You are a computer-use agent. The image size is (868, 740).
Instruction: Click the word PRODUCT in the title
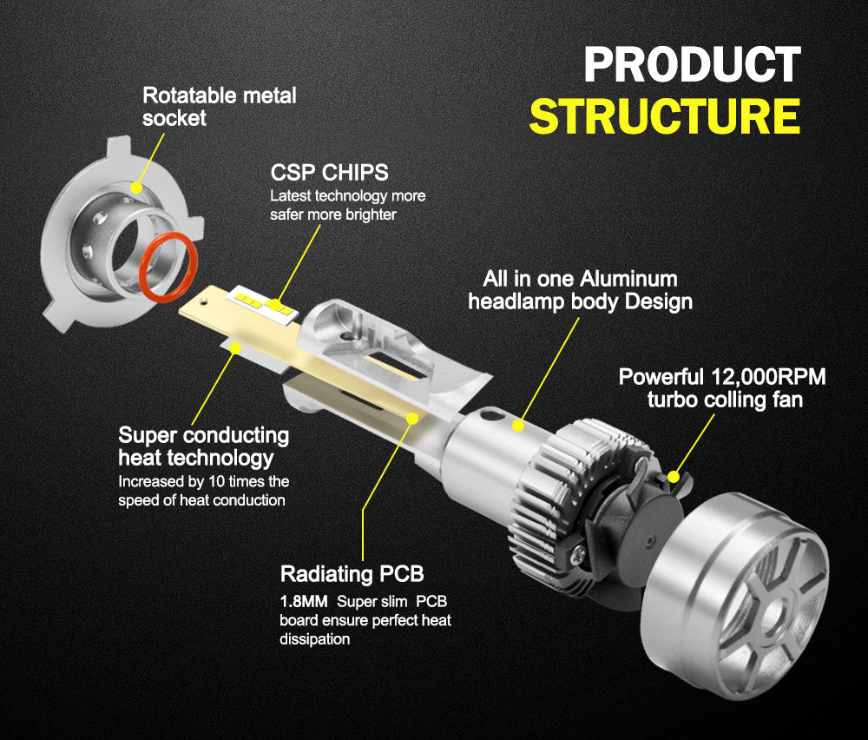point(691,65)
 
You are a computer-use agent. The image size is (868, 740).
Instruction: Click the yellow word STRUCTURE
point(664,117)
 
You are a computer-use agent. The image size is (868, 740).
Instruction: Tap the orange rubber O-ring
point(168,268)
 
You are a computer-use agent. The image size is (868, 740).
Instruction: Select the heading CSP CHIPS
point(329,172)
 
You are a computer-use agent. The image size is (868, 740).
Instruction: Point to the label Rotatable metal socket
point(219,106)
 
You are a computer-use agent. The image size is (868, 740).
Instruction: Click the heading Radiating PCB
point(352,574)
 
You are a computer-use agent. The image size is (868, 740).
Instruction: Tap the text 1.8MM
point(304,601)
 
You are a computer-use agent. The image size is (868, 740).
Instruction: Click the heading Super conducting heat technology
point(203,446)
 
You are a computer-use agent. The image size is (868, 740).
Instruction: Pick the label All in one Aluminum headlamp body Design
point(580,290)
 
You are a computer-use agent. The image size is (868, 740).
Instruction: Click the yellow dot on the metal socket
point(136,186)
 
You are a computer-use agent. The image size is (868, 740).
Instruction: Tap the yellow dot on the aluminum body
point(519,426)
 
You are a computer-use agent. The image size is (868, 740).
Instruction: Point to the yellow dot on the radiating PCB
point(413,418)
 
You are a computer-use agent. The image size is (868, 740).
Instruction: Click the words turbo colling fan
point(725,400)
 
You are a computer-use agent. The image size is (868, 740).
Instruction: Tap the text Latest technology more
point(347,196)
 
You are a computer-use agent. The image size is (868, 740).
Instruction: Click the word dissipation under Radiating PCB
point(314,639)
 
